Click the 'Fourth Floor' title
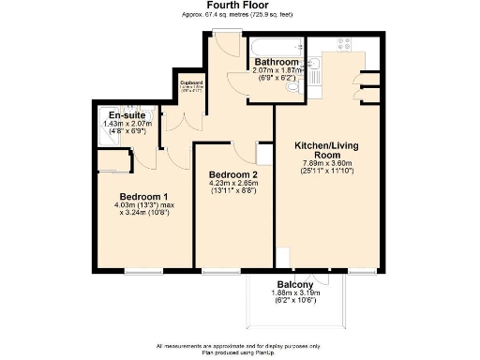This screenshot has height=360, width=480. (x=239, y=6)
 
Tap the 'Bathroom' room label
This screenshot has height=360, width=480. (x=276, y=62)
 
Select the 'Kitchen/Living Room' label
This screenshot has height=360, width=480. (x=327, y=152)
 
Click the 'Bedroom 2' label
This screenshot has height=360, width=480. (x=232, y=175)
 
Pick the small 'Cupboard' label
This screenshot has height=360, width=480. (x=192, y=82)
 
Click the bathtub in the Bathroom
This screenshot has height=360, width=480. (x=274, y=47)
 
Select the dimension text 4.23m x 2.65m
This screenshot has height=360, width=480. (x=232, y=184)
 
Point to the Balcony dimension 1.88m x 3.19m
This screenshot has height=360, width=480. (x=294, y=294)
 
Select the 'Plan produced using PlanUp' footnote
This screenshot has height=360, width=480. (x=239, y=352)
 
